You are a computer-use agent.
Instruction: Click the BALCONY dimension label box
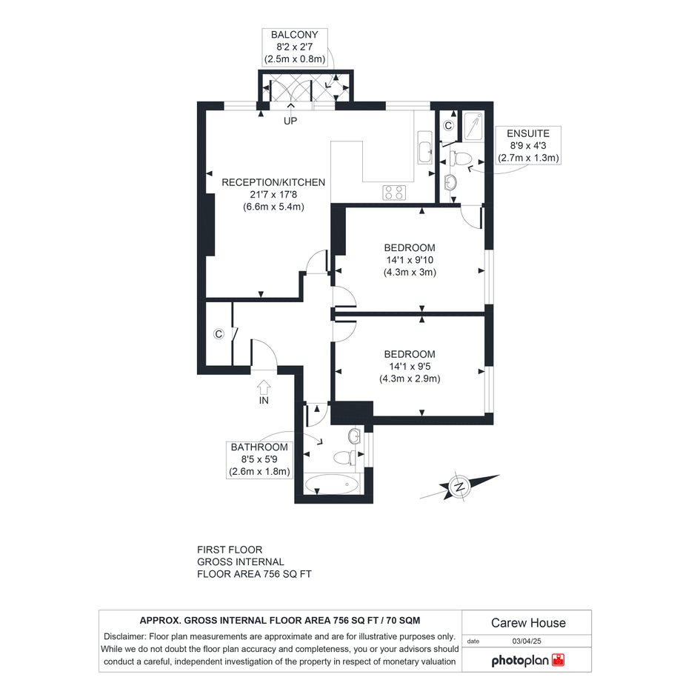295,47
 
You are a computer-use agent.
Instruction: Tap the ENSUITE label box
528,145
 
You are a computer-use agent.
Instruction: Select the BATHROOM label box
259,459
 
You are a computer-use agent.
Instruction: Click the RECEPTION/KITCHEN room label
273,182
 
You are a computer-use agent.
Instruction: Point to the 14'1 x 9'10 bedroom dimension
410,260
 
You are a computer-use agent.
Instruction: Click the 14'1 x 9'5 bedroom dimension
410,367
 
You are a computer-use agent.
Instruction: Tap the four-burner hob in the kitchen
394,193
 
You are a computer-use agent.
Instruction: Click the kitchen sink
425,147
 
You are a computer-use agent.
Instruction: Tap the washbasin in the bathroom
355,436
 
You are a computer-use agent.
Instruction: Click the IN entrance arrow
264,387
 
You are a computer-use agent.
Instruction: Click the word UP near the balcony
290,121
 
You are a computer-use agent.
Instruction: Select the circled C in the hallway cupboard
219,334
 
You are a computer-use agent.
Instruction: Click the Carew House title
528,623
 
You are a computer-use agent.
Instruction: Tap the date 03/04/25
527,641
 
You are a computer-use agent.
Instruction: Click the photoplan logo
528,660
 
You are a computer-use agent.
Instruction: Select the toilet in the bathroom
344,457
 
